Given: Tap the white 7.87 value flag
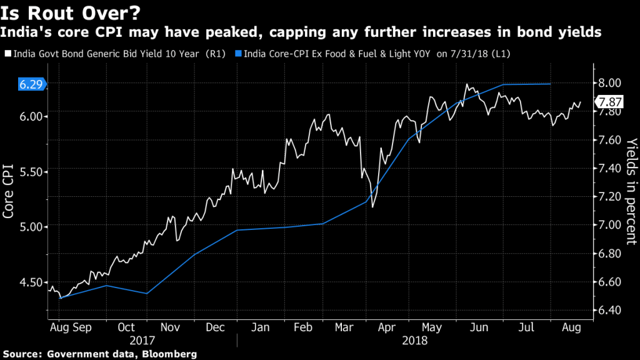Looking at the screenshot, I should click(608, 102).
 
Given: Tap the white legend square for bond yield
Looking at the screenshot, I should click(7, 54).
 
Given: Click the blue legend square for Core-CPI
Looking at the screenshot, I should click(238, 54).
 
